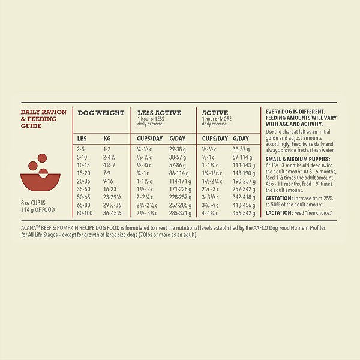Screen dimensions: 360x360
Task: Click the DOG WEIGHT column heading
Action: [101, 113]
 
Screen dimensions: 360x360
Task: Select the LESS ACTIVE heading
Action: [159, 113]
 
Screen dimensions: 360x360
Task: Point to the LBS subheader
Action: [82, 139]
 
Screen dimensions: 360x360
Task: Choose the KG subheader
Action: [107, 139]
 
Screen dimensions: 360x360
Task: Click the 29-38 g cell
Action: [178, 148]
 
